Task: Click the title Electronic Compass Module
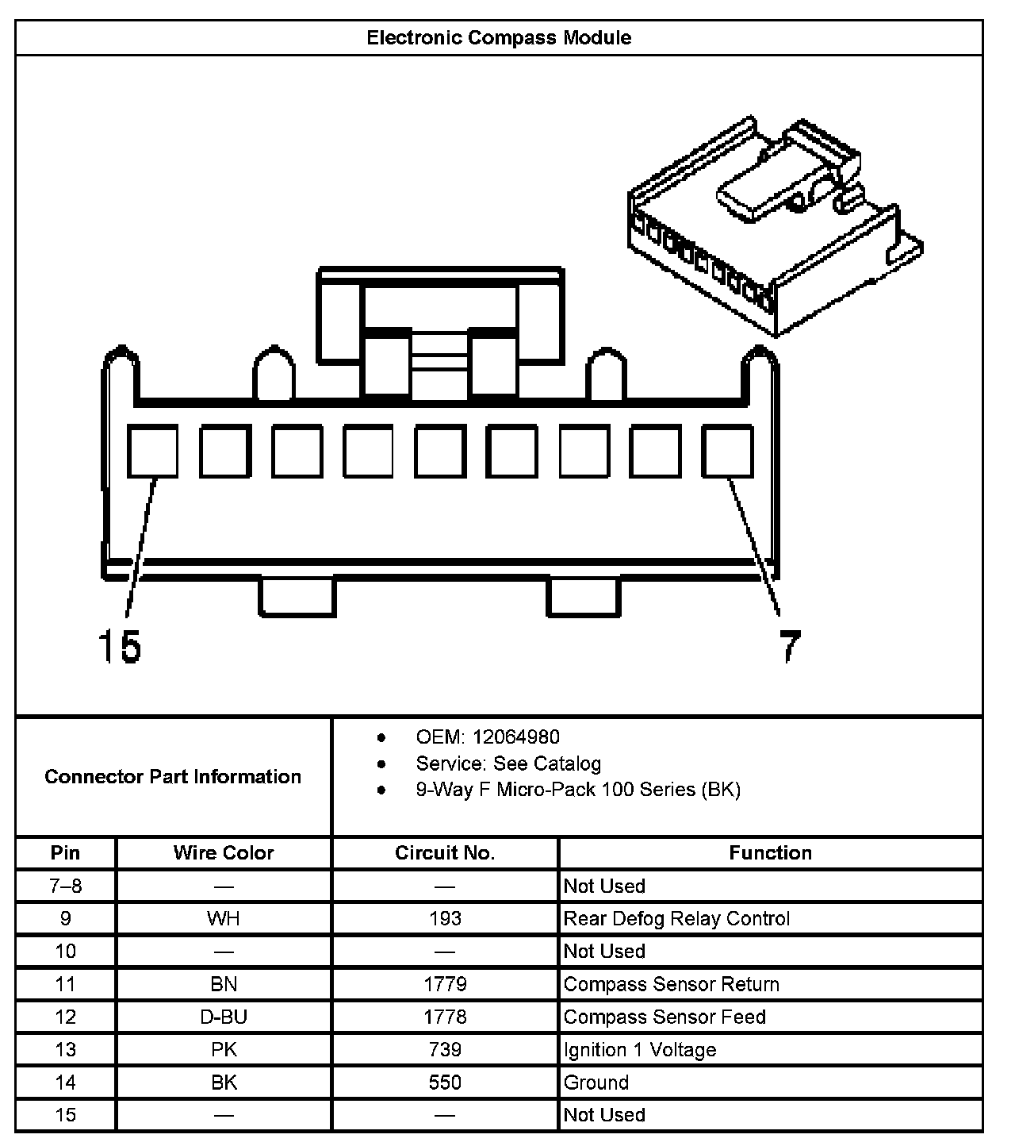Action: (x=499, y=37)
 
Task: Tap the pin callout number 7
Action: (x=789, y=646)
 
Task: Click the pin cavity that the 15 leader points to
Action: (x=153, y=451)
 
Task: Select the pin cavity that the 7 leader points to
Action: (x=727, y=451)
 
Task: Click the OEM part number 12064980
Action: (x=515, y=736)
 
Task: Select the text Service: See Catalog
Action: (x=508, y=763)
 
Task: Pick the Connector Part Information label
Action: (x=173, y=776)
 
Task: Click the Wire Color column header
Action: (x=224, y=852)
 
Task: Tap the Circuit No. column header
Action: (x=445, y=852)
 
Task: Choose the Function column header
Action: (x=770, y=852)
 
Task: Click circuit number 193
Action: (x=445, y=918)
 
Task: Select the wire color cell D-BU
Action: (x=224, y=1017)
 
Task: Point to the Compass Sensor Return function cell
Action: (x=671, y=984)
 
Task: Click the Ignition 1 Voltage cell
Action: (x=639, y=1049)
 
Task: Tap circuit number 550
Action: (x=445, y=1082)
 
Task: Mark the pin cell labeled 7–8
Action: (x=66, y=886)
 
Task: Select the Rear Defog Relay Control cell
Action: (x=676, y=918)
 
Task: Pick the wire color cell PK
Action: (x=224, y=1049)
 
